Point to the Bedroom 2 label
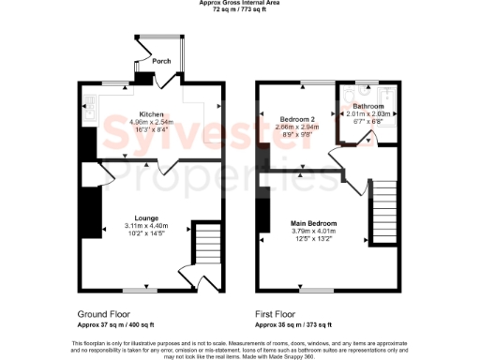coord(300,120)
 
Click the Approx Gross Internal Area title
coord(240,3)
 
